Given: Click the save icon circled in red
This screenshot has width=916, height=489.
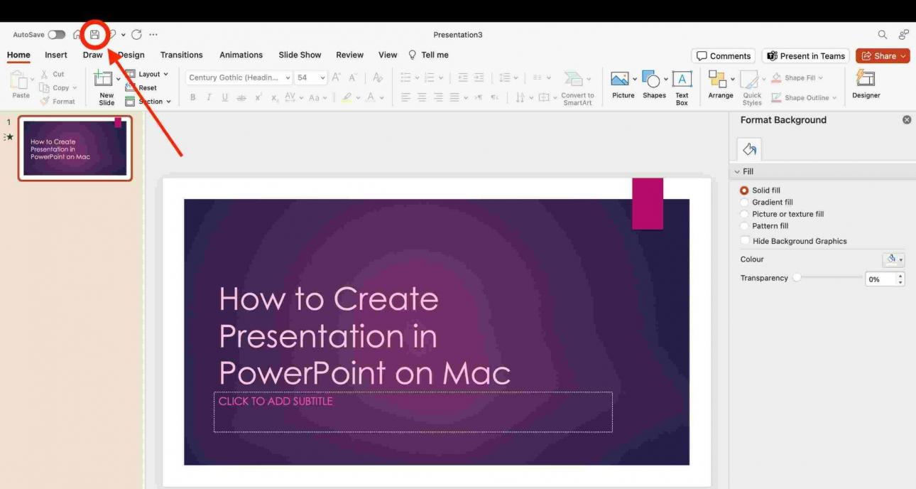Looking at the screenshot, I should pos(94,34).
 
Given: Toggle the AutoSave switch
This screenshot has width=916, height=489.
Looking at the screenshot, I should pos(57,35).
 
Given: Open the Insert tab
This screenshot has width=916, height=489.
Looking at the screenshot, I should pos(56,55).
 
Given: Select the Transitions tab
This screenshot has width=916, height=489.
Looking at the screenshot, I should pos(181,55).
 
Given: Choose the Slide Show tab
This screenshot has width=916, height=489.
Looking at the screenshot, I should pos(300,55).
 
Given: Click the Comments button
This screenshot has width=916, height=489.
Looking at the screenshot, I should pos(723,56).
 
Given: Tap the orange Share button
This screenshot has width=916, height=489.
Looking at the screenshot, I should pos(883,56).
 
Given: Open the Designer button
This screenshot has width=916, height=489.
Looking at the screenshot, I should pos(866,85).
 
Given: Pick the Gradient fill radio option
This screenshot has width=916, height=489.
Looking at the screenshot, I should pos(744,203).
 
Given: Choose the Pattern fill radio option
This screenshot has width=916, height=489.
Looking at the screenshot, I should pos(744,226).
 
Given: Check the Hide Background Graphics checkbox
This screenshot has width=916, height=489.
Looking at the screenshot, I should pos(745,241).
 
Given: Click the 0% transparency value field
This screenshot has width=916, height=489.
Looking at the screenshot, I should pos(880,279).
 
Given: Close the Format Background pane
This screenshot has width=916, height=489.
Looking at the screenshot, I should pos(906,120).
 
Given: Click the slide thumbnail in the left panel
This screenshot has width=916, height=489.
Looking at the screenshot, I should pos(75,148).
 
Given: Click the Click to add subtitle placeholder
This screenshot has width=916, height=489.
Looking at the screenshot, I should pos(413,412).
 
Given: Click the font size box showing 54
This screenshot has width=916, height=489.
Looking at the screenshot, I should pos(307,77).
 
